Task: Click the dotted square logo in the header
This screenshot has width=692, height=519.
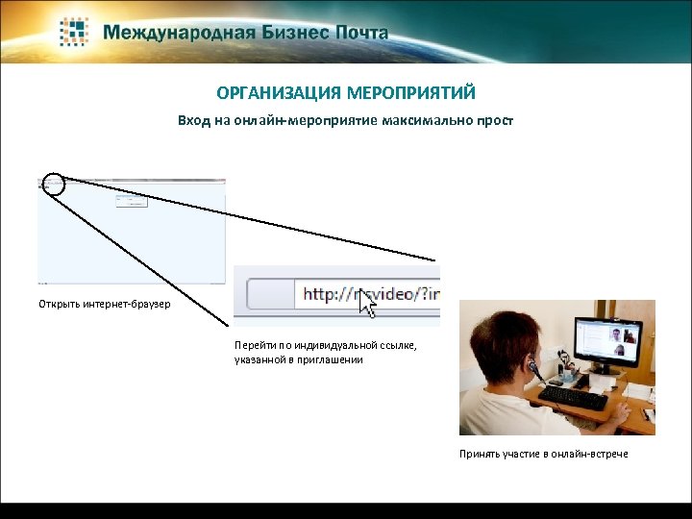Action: [75, 32]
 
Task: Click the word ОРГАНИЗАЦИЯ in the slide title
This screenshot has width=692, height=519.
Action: [273, 93]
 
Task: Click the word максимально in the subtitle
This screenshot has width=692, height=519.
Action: [428, 122]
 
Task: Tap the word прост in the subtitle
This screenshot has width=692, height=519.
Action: [496, 122]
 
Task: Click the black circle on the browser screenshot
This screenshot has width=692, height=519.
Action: [54, 185]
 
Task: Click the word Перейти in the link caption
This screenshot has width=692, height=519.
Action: [254, 345]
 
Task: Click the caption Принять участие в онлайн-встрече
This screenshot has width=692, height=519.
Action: [543, 454]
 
